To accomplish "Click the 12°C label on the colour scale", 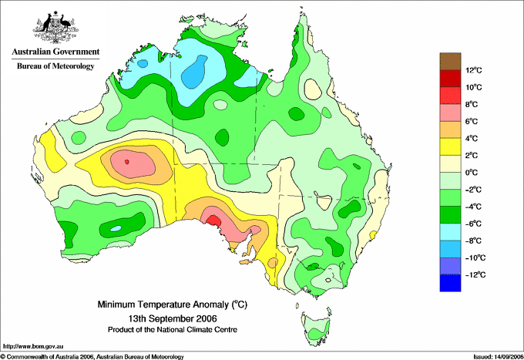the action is tap(474, 70).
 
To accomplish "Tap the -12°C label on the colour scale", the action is tap(475, 274).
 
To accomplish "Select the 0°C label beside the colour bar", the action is tap(472, 173).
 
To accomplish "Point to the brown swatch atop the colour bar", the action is tap(450, 61).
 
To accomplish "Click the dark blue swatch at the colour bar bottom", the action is tap(450, 283).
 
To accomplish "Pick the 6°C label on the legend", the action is tap(472, 121).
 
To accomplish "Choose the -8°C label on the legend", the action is tap(473, 241).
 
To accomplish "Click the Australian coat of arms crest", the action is tap(55, 27).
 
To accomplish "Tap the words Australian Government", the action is tap(55, 52).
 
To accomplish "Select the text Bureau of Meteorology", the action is tap(55, 66).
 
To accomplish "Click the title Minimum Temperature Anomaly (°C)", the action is tap(173, 304).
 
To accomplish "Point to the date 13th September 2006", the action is tap(173, 318).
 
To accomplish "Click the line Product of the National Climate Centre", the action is tap(173, 330).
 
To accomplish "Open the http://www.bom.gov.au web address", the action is tap(33, 347).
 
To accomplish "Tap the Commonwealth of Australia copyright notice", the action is tap(92, 357).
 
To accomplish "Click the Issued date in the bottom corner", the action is tap(498, 357).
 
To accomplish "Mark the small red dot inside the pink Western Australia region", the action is tap(126, 162).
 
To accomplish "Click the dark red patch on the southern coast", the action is tap(214, 221).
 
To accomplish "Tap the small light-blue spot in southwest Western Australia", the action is tap(116, 229).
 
